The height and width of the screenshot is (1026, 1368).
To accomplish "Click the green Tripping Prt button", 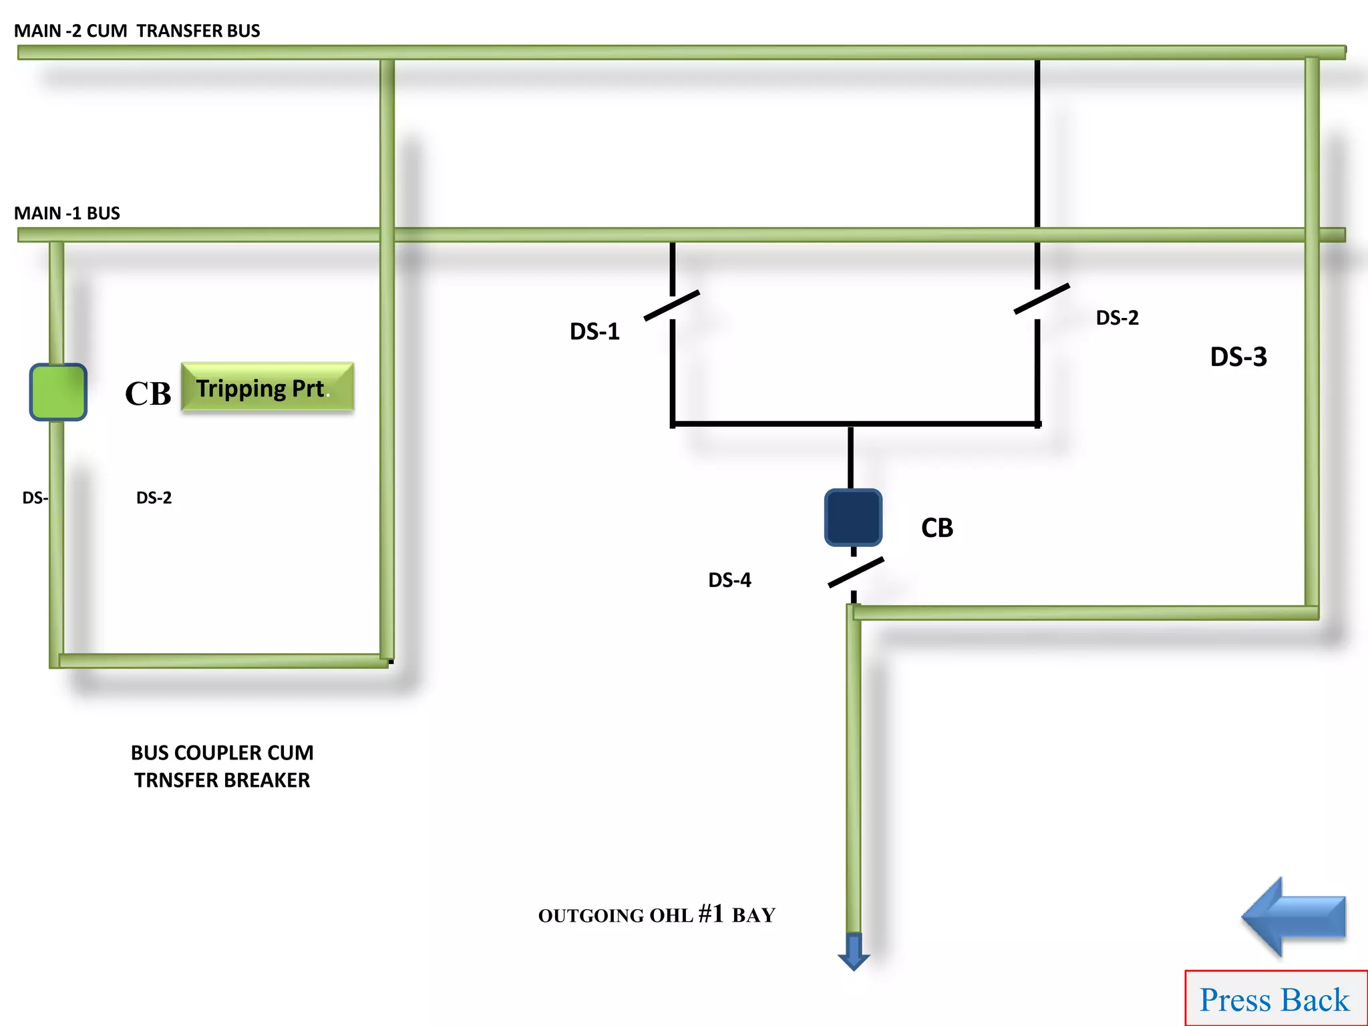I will click(x=267, y=387).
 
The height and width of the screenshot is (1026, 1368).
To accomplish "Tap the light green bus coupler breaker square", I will click(x=58, y=392).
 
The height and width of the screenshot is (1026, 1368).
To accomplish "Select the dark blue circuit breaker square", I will click(x=853, y=518).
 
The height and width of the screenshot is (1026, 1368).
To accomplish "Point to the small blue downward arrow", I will click(x=854, y=953).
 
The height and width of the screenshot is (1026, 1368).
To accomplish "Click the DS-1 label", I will click(x=594, y=331).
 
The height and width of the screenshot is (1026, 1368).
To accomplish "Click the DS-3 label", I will click(x=1238, y=357).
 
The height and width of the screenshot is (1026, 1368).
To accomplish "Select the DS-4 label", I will click(x=729, y=580).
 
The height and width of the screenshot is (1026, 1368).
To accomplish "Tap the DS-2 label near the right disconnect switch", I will click(x=1117, y=318).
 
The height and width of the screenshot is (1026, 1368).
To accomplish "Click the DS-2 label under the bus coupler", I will click(x=154, y=498).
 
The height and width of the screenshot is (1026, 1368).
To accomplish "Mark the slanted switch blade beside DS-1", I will click(x=672, y=305).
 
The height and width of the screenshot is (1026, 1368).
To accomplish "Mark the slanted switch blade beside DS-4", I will click(x=856, y=572).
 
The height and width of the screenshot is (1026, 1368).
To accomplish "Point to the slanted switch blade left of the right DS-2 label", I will click(x=1041, y=299).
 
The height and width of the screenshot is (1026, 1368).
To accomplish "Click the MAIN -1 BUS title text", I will click(x=67, y=213).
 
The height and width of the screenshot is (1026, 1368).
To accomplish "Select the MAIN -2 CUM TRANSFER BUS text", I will click(x=137, y=31).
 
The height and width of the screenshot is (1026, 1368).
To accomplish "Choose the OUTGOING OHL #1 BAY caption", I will click(x=657, y=914).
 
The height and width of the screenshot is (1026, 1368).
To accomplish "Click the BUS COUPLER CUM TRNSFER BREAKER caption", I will click(x=222, y=766).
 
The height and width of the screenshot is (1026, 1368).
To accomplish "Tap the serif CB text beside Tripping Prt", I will click(x=148, y=393).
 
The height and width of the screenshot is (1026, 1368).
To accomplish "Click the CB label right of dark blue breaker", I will click(x=936, y=528).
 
